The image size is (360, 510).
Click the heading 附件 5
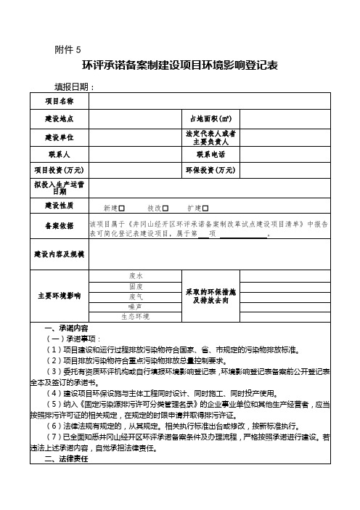68,49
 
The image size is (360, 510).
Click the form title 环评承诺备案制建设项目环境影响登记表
180,65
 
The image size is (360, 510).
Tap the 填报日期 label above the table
75,87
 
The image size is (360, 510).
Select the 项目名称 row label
59,100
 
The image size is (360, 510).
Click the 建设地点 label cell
59,118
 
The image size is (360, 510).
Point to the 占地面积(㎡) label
210,118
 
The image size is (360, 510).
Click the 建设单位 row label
59,137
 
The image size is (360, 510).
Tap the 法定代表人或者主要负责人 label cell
210,137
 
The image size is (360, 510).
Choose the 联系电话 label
210,155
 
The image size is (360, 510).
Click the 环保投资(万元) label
210,170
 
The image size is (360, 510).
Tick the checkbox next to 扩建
205,208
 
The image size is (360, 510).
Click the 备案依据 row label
59,225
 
